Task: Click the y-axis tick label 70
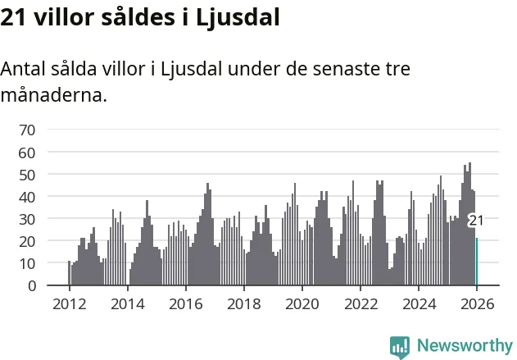(x=27, y=130)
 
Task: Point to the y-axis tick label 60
(x=27, y=153)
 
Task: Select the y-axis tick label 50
(x=27, y=175)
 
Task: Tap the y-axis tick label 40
(x=27, y=197)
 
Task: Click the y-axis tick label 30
(x=27, y=219)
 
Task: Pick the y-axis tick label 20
(x=27, y=241)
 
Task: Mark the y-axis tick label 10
(x=27, y=263)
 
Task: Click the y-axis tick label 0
(x=31, y=285)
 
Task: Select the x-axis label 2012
(x=69, y=303)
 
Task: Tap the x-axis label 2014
(x=127, y=303)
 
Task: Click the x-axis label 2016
(x=185, y=303)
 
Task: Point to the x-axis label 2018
(x=243, y=303)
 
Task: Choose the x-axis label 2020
(x=302, y=303)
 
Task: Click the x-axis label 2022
(x=360, y=303)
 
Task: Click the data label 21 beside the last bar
(x=476, y=221)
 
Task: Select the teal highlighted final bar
(x=476, y=262)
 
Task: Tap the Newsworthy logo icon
(x=400, y=346)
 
